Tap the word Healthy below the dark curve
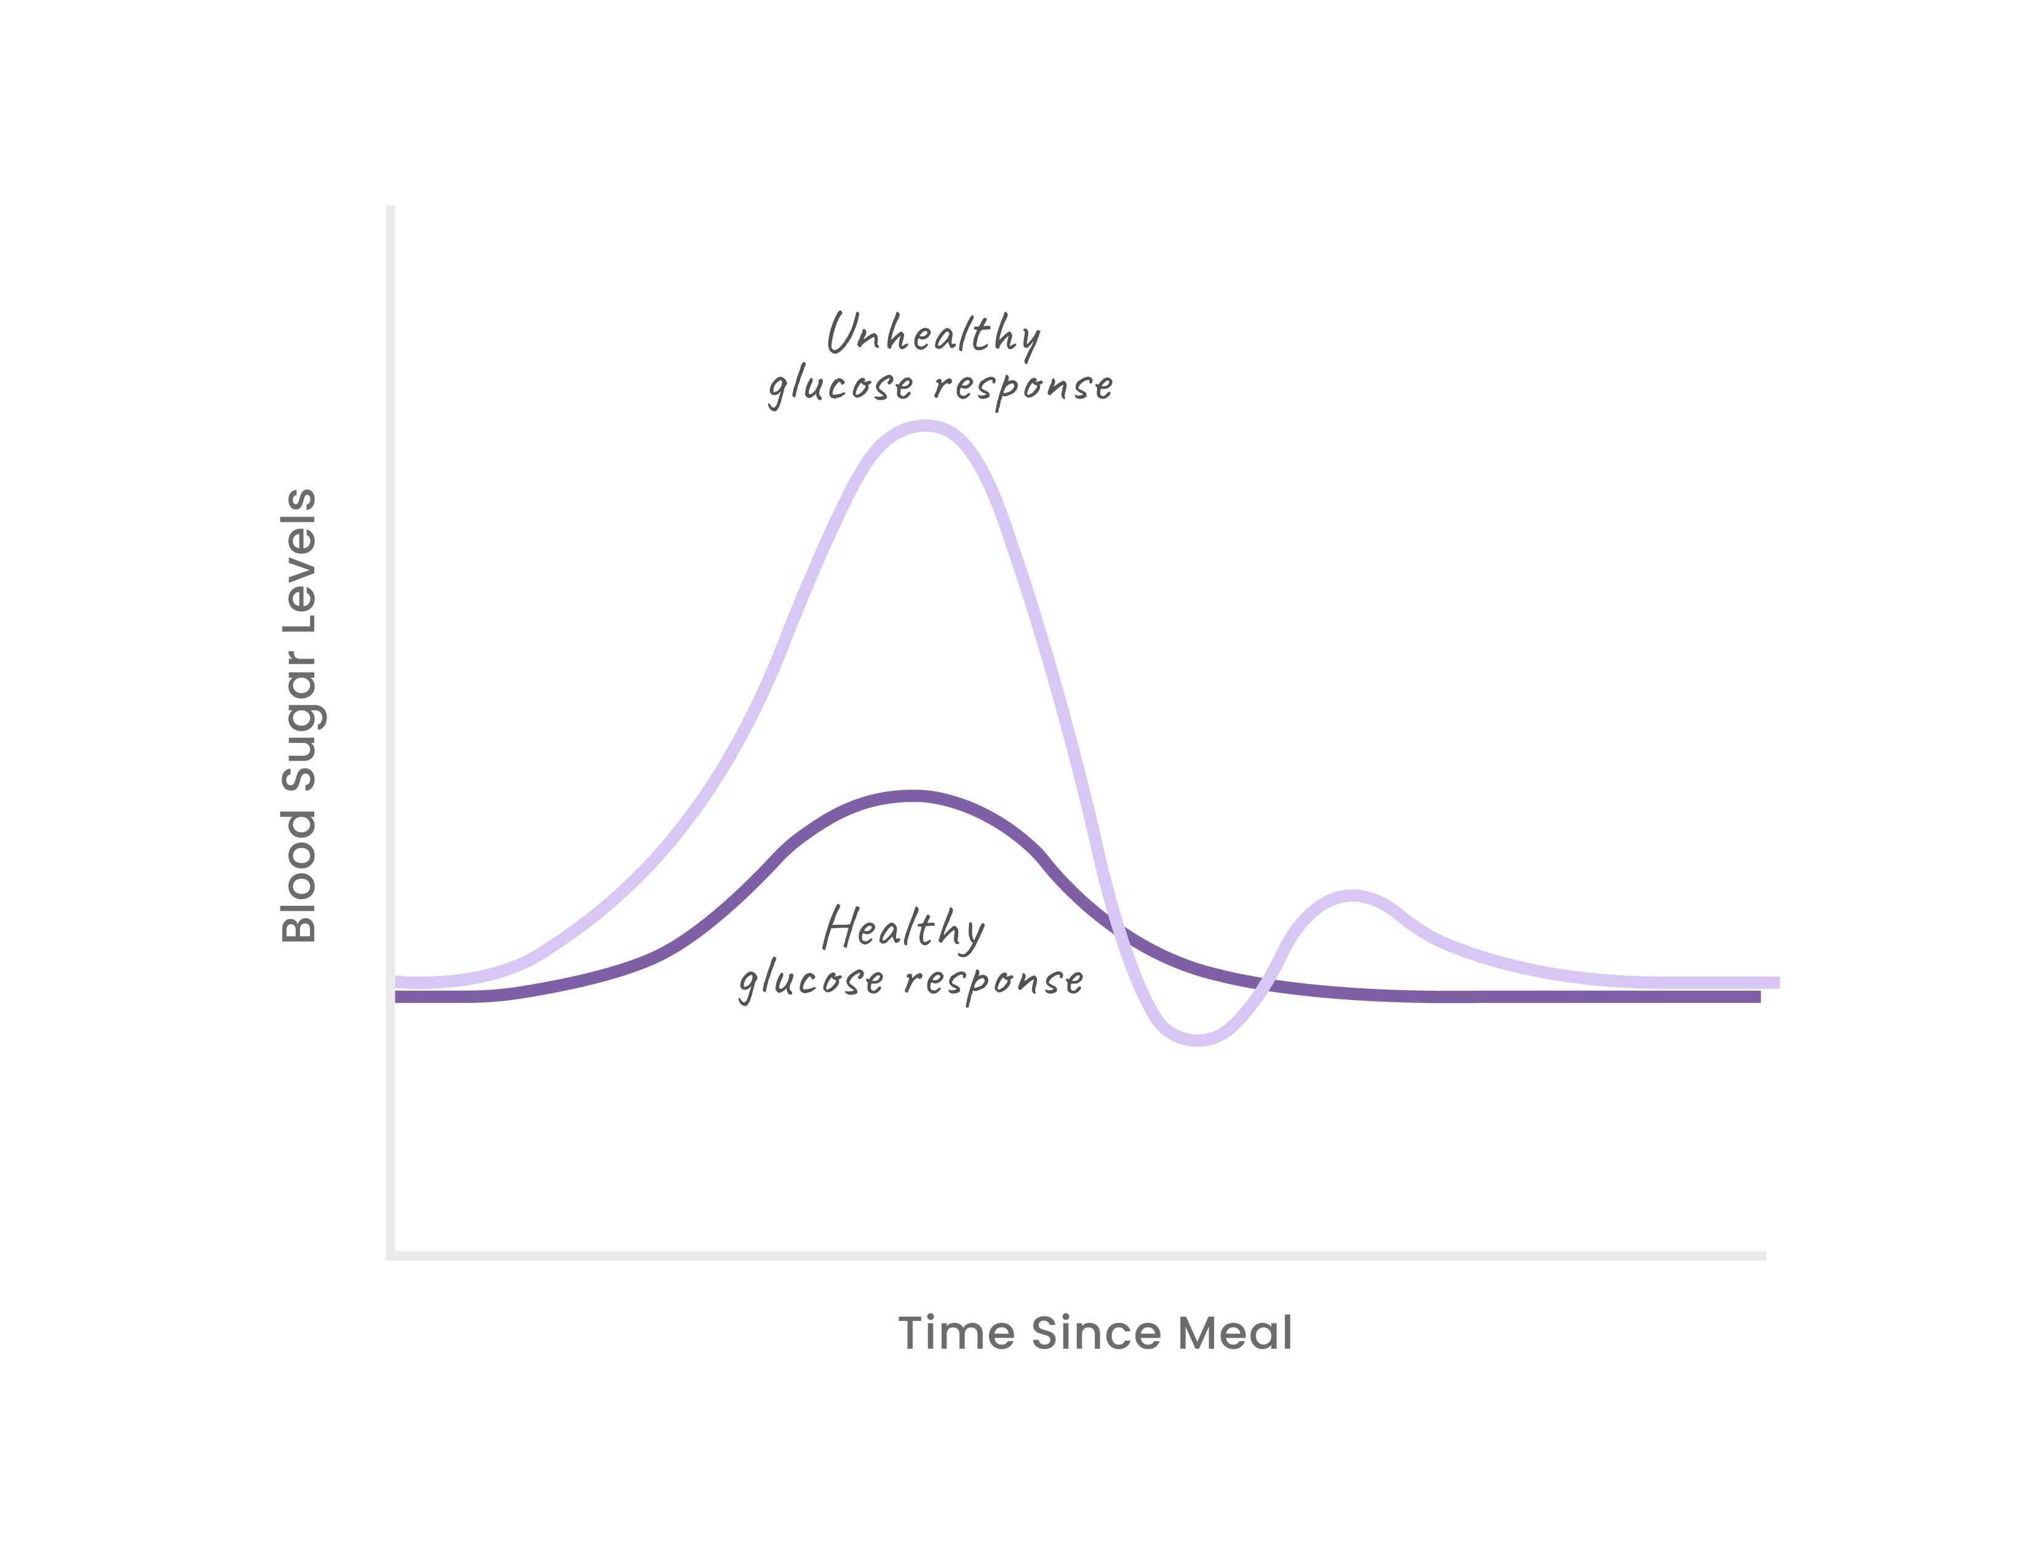[x=903, y=929]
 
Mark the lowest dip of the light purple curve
[x=1197, y=1040]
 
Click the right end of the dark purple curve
[x=1757, y=997]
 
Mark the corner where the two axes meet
[x=390, y=1256]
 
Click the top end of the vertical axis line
[x=390, y=208]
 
